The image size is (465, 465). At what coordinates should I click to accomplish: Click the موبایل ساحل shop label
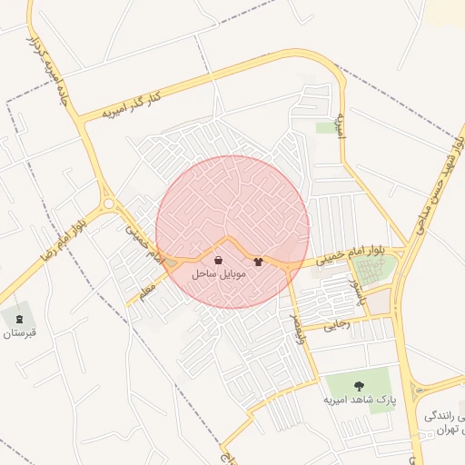coord(214,272)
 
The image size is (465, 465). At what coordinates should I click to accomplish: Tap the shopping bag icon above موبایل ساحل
coord(218,261)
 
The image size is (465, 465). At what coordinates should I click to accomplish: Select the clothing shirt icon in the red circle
coord(258,262)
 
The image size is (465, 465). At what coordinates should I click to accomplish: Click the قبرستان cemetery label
coord(19,332)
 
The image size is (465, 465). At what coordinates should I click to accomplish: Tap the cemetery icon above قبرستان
coord(19,319)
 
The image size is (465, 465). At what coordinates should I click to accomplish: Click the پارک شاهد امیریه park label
coord(357,399)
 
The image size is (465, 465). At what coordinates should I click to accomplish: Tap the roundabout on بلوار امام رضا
coord(109,204)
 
